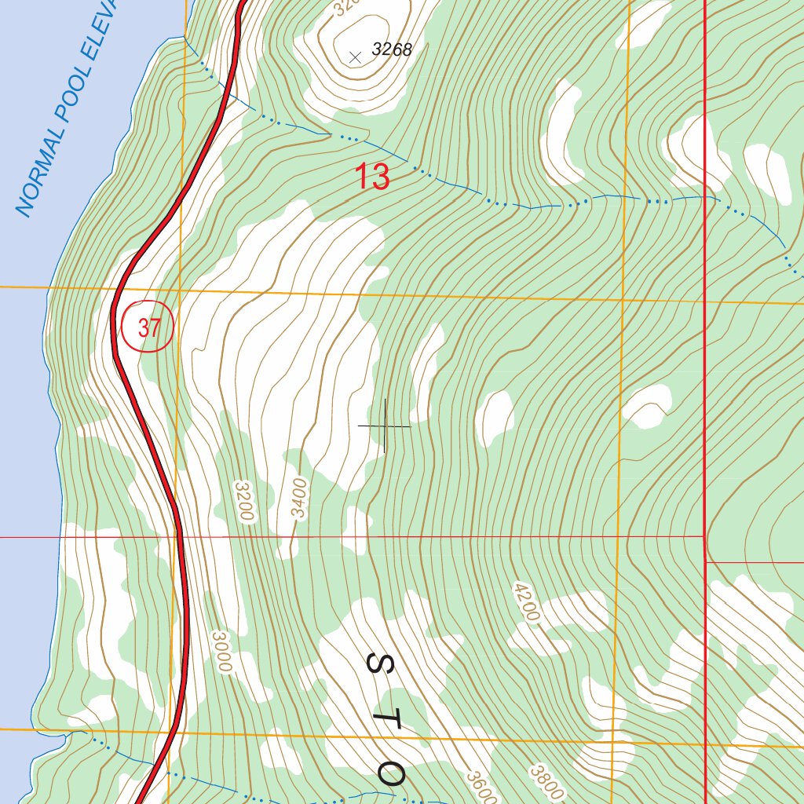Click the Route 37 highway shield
click(148, 327)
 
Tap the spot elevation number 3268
click(392, 50)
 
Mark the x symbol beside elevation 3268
click(355, 56)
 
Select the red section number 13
click(372, 177)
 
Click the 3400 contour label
click(300, 498)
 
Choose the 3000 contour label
click(222, 652)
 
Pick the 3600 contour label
click(481, 787)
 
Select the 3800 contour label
click(546, 780)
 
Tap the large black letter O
click(390, 774)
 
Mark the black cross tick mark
click(385, 426)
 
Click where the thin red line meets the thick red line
click(704, 537)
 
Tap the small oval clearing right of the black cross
click(495, 416)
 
